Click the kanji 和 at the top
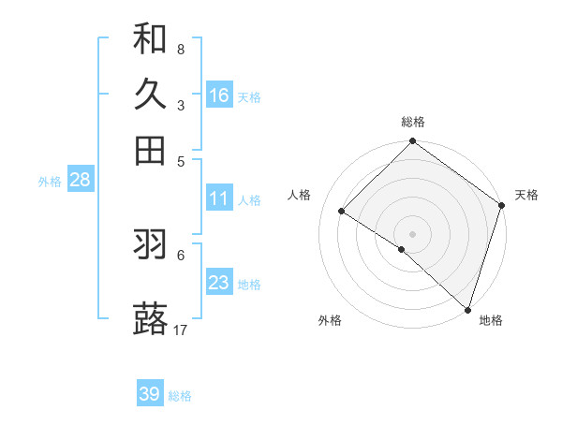150,38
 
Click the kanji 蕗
150,319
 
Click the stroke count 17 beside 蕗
181,330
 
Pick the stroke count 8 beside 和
180,49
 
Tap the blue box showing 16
219,95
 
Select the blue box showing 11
219,198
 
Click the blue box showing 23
219,283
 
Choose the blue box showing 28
80,180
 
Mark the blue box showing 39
150,394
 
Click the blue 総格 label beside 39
180,396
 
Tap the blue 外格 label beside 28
50,182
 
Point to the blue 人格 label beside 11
249,200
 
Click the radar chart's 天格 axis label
526,195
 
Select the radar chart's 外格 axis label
330,320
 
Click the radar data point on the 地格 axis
467,308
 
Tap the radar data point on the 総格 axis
412,142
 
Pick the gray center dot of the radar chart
412,233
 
